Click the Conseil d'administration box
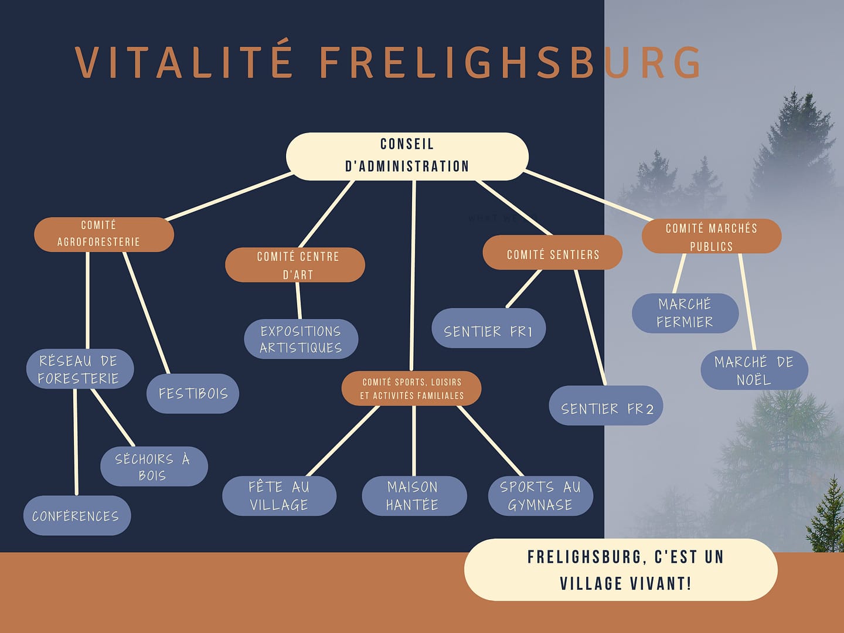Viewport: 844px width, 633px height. click(x=407, y=156)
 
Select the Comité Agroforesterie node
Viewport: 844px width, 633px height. click(x=104, y=234)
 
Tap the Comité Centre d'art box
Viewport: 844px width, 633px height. click(x=295, y=265)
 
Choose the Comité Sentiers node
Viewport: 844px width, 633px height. click(x=552, y=253)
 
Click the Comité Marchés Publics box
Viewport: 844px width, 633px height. click(x=711, y=236)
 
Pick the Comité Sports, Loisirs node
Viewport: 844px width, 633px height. click(x=411, y=388)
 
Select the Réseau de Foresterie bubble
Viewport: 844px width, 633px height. click(x=80, y=369)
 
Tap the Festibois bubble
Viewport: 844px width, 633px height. click(x=193, y=393)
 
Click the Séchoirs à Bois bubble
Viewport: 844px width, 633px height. click(x=154, y=467)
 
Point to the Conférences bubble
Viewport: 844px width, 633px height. click(x=77, y=516)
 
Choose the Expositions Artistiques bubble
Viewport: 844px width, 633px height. click(x=301, y=339)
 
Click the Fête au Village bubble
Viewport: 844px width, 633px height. click(x=279, y=496)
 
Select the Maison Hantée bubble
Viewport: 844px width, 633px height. click(x=414, y=496)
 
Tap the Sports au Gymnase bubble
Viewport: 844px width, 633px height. click(x=540, y=496)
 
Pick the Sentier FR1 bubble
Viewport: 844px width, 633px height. click(x=489, y=328)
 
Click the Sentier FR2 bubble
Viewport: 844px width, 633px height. click(x=606, y=406)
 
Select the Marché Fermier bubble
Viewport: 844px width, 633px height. click(x=685, y=313)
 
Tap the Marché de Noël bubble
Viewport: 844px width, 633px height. click(x=754, y=370)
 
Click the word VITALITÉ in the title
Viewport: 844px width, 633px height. click(x=184, y=61)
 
